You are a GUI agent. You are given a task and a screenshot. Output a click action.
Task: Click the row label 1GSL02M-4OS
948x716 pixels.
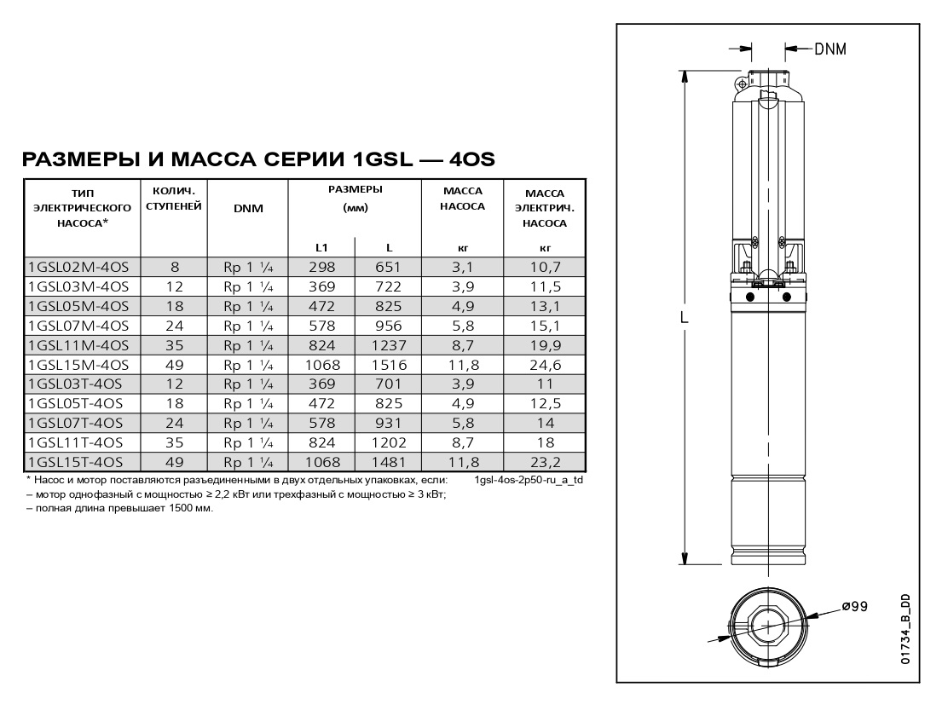(78, 267)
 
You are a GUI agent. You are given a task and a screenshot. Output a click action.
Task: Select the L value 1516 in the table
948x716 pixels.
(388, 365)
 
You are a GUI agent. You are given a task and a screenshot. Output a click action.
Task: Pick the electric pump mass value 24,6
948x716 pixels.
(545, 365)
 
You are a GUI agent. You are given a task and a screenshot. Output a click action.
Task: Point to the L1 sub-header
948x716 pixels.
(321, 248)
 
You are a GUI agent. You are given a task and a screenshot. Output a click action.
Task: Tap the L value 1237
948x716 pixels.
(388, 345)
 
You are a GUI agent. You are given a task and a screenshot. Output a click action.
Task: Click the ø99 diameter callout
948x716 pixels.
(853, 606)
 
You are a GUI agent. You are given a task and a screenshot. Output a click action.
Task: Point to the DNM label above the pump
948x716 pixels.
(829, 49)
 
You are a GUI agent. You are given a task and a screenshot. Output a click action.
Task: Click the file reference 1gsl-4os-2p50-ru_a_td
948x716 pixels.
(529, 481)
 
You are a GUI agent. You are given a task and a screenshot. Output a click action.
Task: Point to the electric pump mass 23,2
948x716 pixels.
(545, 462)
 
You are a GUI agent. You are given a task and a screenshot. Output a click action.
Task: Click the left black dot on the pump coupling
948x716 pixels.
(750, 297)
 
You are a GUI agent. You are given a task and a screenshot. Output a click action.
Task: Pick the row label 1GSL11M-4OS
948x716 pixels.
(78, 345)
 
